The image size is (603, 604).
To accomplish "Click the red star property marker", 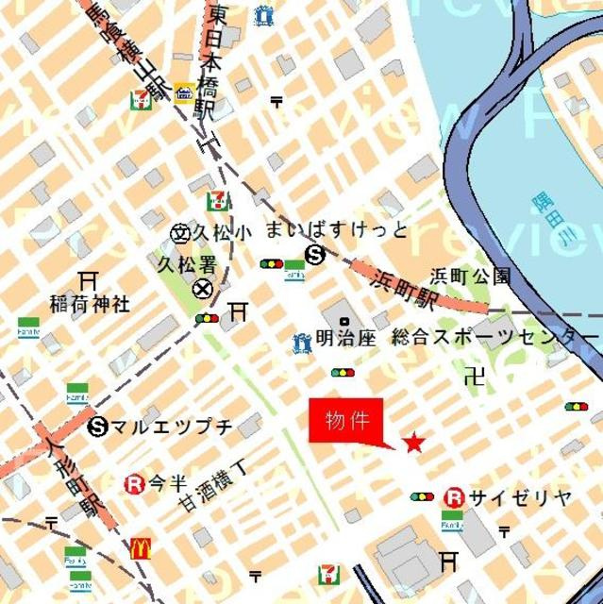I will [413, 442].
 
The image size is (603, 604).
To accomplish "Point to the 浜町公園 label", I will [470, 277].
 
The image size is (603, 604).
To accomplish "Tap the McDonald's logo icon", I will [141, 547].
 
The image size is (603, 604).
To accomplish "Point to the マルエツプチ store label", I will [171, 427].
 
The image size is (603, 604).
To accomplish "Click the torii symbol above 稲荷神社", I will [89, 280].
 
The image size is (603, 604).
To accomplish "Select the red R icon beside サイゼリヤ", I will [455, 496].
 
